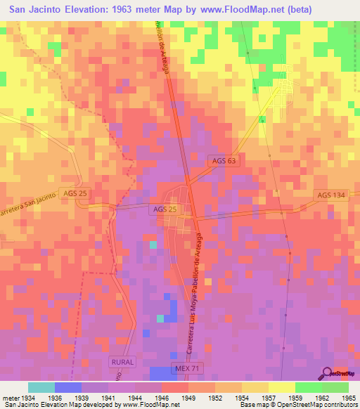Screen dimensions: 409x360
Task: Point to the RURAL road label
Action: (122, 361)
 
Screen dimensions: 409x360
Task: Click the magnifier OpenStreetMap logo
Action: (340, 374)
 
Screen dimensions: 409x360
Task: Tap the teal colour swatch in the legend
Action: (41, 387)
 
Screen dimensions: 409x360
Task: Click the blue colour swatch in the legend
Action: (68, 387)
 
